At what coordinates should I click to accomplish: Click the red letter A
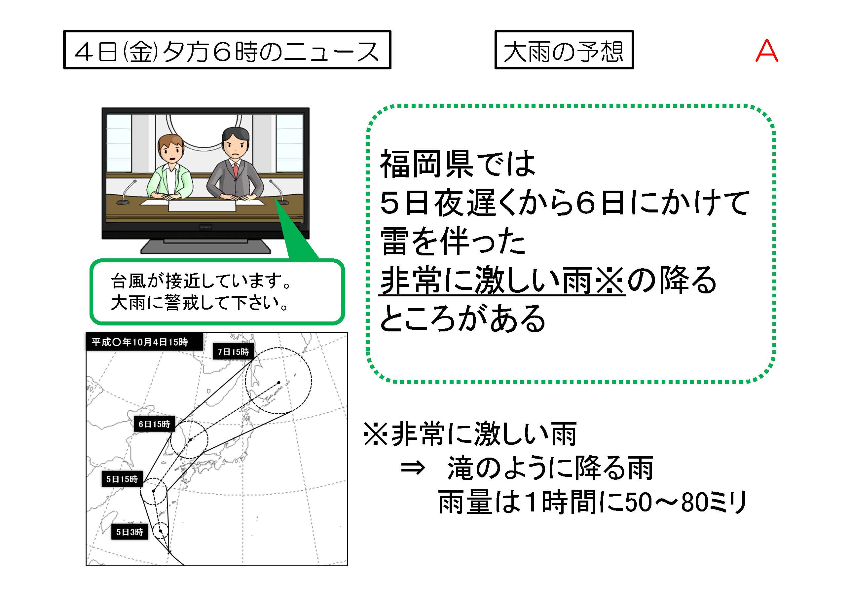(x=767, y=51)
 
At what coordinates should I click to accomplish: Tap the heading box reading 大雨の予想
(x=564, y=50)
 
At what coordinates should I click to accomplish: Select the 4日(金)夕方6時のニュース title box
(x=227, y=50)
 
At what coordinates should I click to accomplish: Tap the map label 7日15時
(x=233, y=352)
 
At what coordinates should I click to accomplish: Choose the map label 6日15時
(x=154, y=424)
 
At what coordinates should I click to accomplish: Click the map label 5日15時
(x=122, y=479)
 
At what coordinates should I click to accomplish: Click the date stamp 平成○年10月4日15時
(x=144, y=341)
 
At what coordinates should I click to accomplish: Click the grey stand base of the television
(x=205, y=246)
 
